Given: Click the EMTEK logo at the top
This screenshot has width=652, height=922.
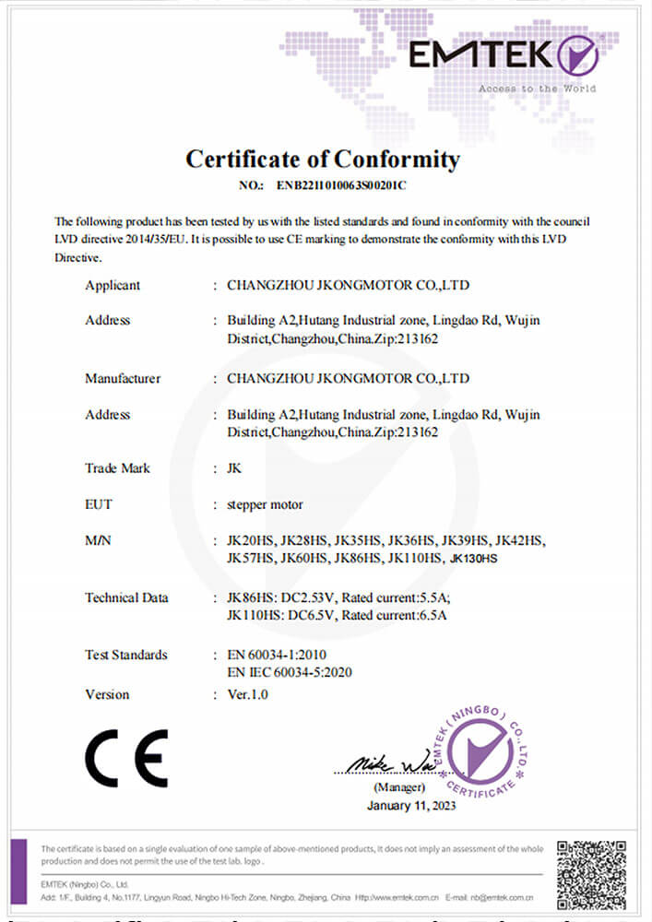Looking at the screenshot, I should click(504, 57).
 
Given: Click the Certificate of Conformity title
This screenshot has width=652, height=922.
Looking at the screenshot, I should click(323, 159).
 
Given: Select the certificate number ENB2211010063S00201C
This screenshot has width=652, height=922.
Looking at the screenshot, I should click(341, 185).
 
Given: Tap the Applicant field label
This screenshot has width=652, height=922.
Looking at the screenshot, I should click(113, 285).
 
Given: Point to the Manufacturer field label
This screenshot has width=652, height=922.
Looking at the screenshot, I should click(123, 378).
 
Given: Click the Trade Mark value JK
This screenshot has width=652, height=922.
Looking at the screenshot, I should click(234, 467).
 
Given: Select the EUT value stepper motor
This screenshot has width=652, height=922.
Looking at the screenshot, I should click(265, 504).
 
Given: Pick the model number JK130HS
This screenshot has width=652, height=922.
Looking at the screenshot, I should click(473, 559).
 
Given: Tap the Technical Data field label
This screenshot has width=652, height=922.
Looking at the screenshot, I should click(126, 597).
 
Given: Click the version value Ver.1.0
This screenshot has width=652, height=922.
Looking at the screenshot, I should click(247, 694).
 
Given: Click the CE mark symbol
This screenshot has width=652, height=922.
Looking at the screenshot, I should click(126, 758).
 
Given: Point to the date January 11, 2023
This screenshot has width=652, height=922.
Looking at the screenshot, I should click(410, 805).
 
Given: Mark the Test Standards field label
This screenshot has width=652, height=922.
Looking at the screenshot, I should click(126, 655).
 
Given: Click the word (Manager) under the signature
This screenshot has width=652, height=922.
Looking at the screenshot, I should click(399, 787).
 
